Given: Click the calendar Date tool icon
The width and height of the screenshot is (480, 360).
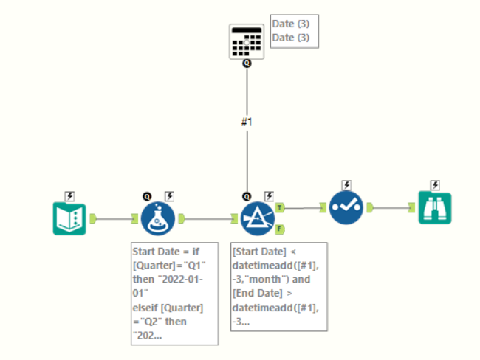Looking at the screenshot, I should point(247,41).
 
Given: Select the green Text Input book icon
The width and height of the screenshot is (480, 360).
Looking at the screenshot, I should point(69,218).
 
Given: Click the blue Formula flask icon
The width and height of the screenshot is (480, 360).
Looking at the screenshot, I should point(157,218).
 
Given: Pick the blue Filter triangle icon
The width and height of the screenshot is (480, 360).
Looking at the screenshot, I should point(258,218).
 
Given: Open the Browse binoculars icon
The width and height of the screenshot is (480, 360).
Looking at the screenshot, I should point(435,208).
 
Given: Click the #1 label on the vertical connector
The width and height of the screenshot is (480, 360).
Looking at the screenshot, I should point(247,122).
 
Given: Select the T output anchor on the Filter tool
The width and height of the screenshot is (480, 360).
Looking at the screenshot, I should point(281,209).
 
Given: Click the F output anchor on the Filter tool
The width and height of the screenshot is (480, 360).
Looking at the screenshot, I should point(281,229).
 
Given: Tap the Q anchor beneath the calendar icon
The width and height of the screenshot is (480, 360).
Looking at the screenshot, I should point(247,64).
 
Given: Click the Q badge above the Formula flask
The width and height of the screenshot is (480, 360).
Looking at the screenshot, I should point(147,196).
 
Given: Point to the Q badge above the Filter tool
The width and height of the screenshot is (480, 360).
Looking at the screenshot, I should point(247,196).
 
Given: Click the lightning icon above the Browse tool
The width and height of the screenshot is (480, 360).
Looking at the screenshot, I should point(435,185).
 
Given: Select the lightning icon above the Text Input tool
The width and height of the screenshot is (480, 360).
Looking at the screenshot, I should point(69,196).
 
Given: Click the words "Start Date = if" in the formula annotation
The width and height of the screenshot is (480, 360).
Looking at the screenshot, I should point(163,251).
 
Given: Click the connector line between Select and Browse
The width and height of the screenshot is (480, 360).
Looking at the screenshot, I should point(395,209).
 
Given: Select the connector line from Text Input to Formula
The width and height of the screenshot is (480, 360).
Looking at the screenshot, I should point(114,218).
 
